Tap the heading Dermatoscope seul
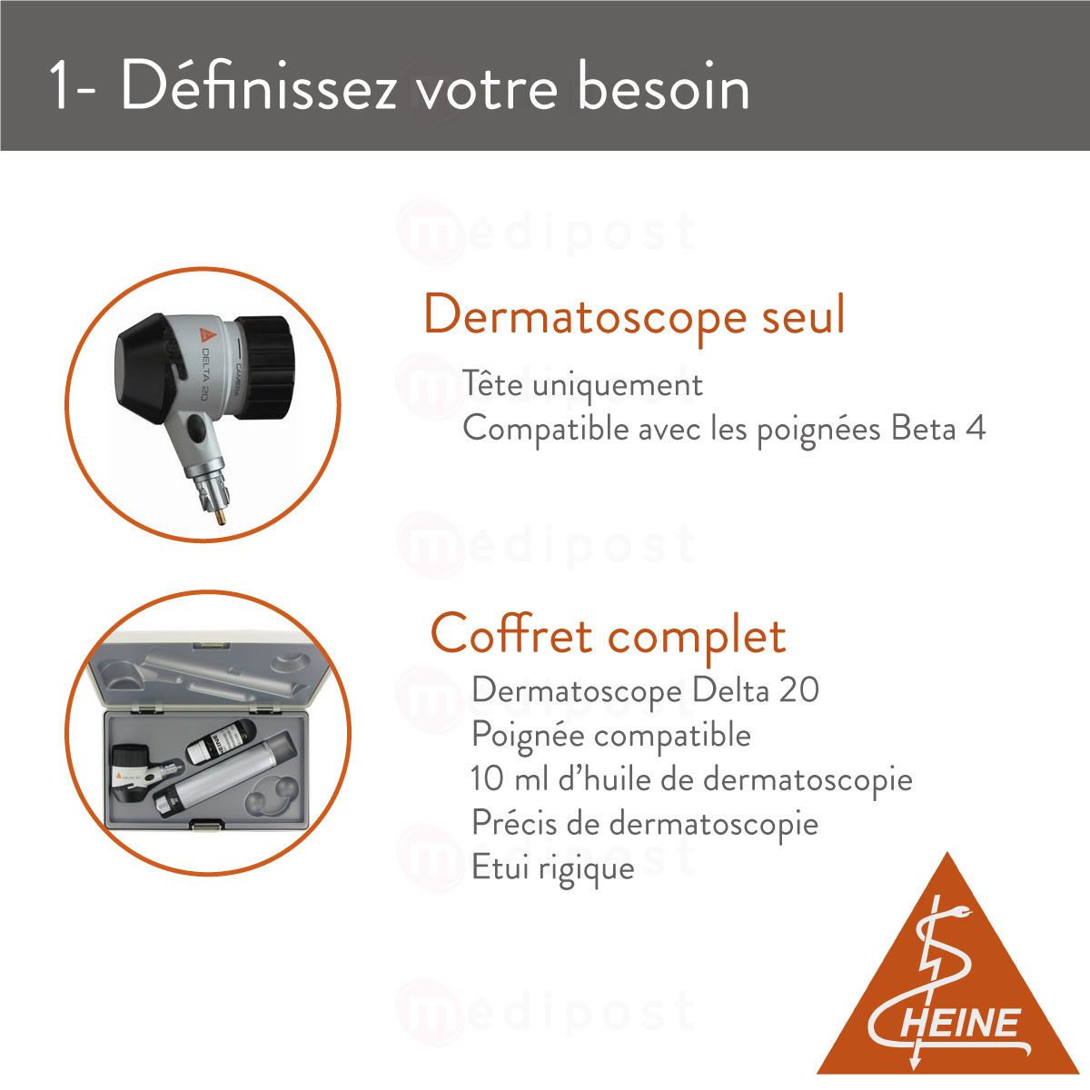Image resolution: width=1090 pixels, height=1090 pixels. click(634, 315)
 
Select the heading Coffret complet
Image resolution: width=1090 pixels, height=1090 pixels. click(608, 633)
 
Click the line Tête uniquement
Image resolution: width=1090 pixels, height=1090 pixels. click(582, 384)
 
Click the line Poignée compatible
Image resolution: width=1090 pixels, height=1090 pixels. click(611, 734)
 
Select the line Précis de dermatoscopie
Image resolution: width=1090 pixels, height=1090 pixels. click(645, 823)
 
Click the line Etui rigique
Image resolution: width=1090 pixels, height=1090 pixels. click(552, 867)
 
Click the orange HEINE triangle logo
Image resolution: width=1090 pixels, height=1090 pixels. click(947, 986)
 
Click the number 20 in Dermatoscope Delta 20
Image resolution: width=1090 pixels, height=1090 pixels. click(799, 689)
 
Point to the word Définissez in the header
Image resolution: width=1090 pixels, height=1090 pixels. click(258, 88)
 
